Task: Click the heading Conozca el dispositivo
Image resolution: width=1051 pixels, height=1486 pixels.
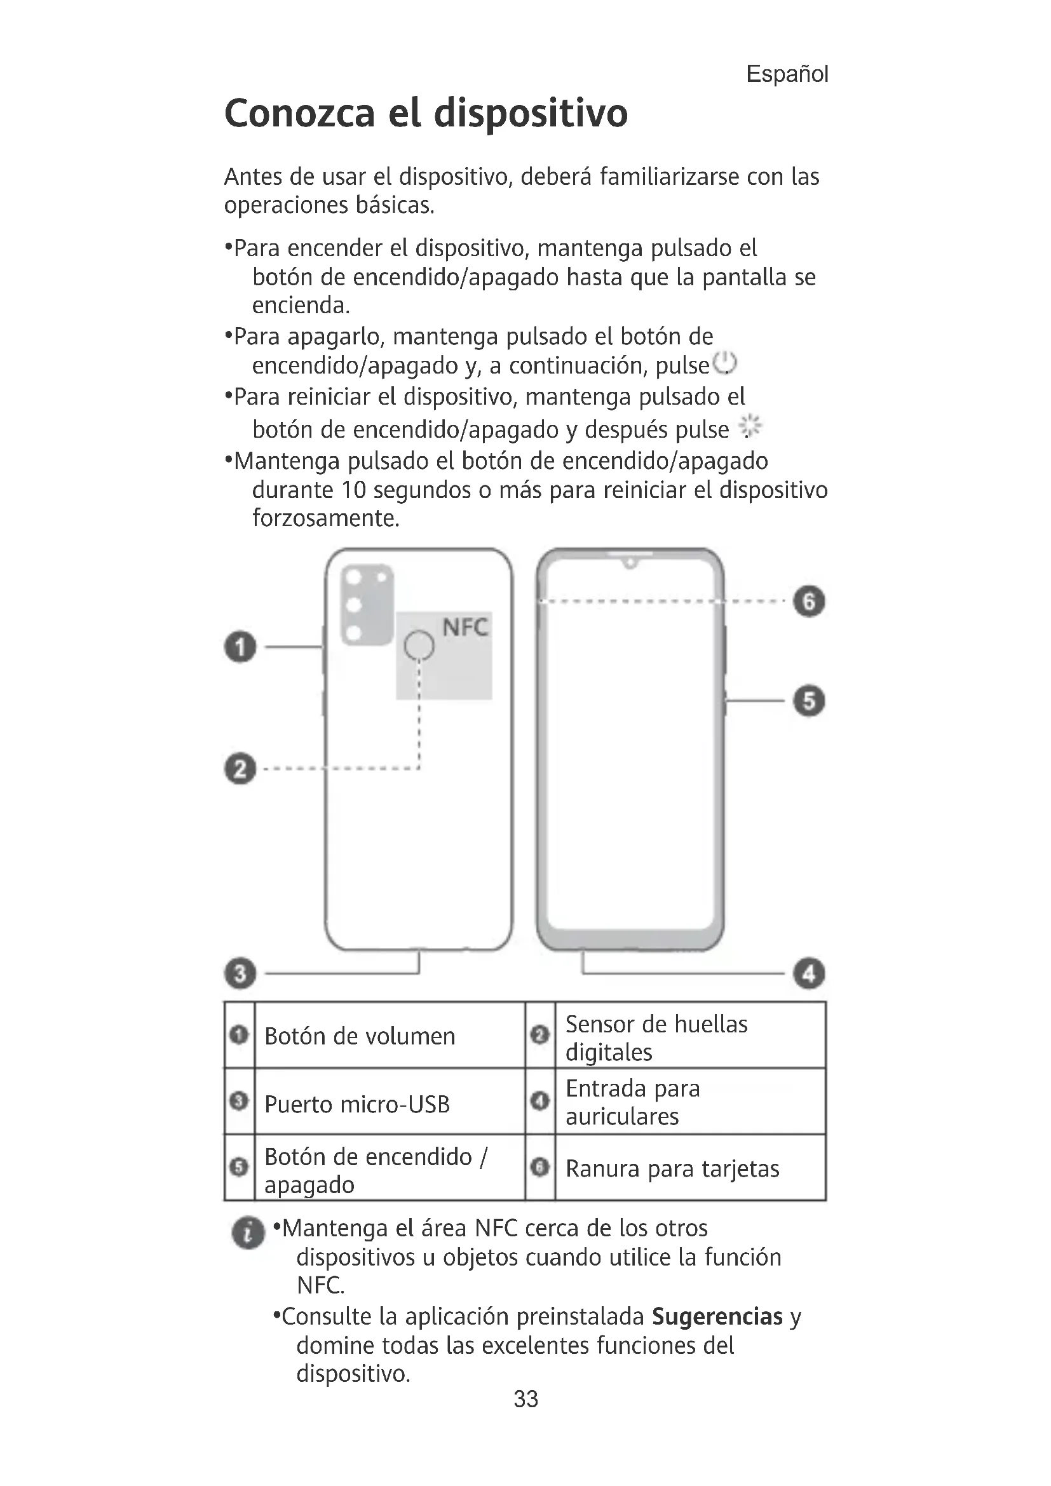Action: click(x=426, y=114)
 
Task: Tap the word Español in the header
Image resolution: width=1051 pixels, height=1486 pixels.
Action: click(x=786, y=74)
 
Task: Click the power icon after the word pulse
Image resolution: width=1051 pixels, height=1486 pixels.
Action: click(x=725, y=364)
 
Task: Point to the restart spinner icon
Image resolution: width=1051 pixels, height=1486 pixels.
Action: click(x=750, y=426)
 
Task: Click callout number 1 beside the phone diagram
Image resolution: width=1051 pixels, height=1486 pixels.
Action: click(x=240, y=647)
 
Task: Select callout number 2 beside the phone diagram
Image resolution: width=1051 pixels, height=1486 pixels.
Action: click(x=240, y=769)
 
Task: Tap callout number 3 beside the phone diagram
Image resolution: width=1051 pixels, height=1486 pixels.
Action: click(x=240, y=973)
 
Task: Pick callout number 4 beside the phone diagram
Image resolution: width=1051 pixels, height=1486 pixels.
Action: click(x=809, y=973)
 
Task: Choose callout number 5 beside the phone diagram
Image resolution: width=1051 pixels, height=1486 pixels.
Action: click(x=809, y=701)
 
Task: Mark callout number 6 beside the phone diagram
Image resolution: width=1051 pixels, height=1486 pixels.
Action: click(x=809, y=601)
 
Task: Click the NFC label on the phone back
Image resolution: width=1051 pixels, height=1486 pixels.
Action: click(x=464, y=627)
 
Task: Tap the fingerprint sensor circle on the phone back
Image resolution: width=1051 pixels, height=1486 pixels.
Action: click(x=419, y=645)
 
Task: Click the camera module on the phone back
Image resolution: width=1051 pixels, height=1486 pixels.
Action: click(x=367, y=604)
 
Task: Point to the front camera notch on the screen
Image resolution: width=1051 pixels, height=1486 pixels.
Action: click(x=630, y=562)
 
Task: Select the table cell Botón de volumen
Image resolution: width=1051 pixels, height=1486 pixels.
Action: click(x=360, y=1037)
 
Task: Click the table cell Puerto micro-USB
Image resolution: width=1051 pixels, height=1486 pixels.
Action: click(x=357, y=1104)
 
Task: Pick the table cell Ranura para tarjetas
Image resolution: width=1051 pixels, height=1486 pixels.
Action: click(x=672, y=1169)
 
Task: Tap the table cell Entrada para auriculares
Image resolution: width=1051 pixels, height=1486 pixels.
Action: click(x=632, y=1103)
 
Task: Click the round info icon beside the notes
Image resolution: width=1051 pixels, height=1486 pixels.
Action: click(x=248, y=1233)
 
